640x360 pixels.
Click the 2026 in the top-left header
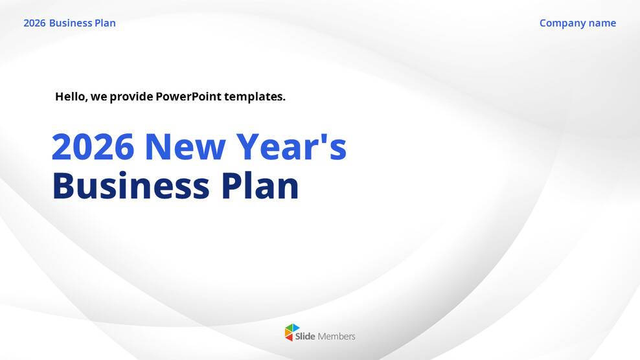point(34,23)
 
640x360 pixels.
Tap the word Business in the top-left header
point(71,23)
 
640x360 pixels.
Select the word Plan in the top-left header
point(105,23)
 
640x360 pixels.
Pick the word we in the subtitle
point(98,97)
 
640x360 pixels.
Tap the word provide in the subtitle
point(131,97)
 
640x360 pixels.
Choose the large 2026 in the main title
point(93,146)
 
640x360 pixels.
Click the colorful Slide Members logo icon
point(293,333)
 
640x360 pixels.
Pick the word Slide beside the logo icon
point(305,336)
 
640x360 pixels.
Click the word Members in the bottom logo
point(336,336)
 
